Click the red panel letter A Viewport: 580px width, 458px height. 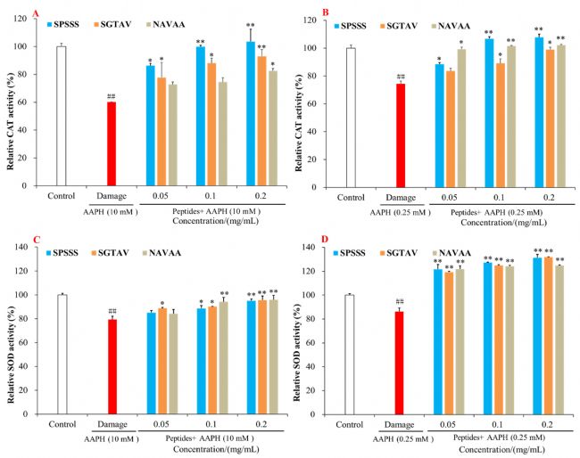coord(10,12)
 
